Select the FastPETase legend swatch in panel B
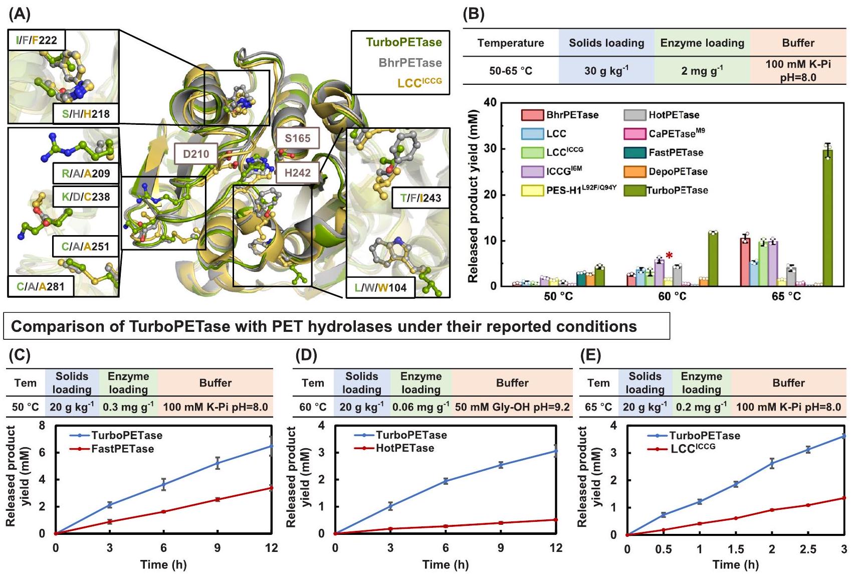(634, 153)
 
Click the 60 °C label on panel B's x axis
(672, 296)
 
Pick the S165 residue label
(298, 138)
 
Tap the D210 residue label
(196, 154)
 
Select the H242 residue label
(298, 173)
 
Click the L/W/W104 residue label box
(380, 288)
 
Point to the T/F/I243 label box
(420, 198)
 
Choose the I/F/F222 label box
(37, 40)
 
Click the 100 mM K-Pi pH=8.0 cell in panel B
(798, 71)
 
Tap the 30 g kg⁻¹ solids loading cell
(606, 71)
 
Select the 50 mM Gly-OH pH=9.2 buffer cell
(512, 407)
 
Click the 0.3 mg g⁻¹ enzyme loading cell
(128, 407)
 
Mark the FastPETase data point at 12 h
(271, 487)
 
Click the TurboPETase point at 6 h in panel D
(446, 481)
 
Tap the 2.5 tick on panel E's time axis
(808, 549)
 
